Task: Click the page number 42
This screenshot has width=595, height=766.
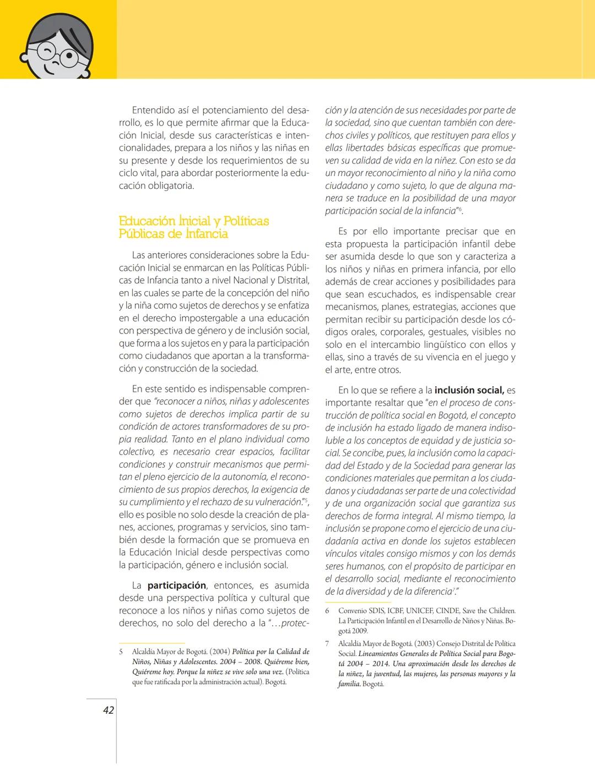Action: [109, 710]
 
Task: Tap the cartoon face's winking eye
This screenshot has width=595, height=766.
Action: [45, 53]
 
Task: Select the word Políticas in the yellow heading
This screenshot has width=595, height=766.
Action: [245, 221]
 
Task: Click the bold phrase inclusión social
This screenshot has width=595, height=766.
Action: [469, 390]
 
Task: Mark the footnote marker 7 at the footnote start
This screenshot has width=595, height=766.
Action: [327, 643]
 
